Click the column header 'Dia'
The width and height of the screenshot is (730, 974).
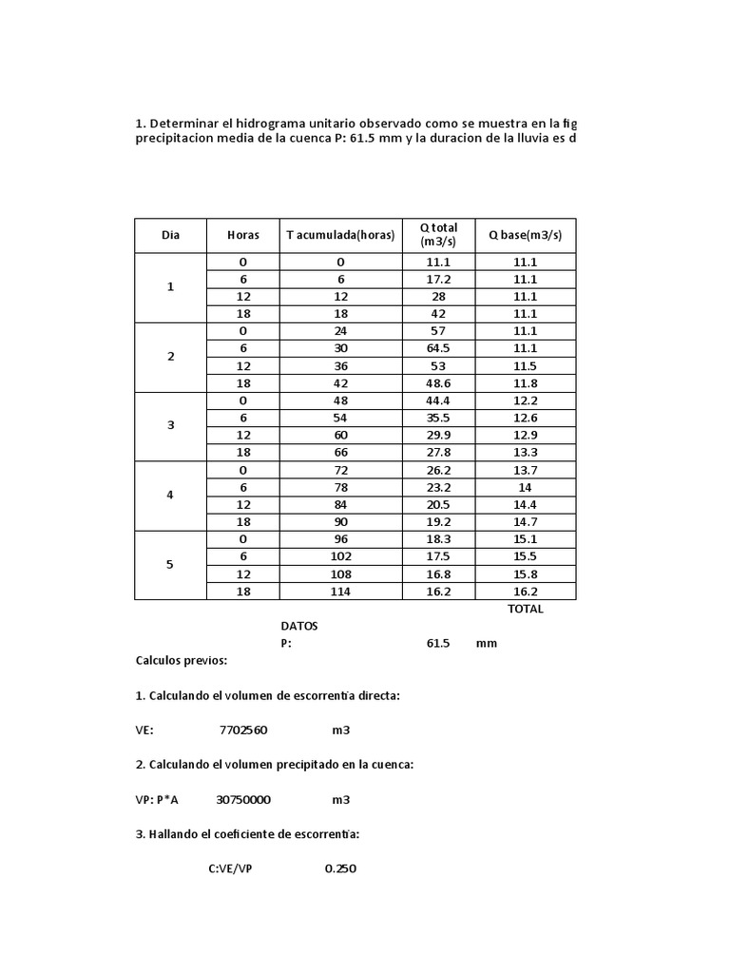tap(171, 235)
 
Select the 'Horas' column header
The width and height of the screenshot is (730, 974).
tap(242, 235)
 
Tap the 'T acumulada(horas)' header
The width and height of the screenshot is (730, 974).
tap(340, 235)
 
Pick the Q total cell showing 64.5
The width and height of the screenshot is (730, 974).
tap(438, 348)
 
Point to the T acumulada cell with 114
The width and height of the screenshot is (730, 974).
tap(340, 592)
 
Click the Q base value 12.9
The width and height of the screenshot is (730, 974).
tap(526, 435)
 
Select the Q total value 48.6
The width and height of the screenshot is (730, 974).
tap(438, 383)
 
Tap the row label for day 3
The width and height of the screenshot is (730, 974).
tap(171, 426)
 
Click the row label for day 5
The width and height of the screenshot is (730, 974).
tap(171, 565)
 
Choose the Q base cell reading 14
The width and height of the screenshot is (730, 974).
tap(526, 487)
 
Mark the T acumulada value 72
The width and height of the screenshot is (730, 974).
tap(340, 470)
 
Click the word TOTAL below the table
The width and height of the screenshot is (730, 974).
tap(526, 609)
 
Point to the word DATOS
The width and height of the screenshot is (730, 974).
tap(299, 626)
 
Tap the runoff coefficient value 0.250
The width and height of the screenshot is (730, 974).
tap(340, 868)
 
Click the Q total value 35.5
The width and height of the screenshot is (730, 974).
tap(438, 418)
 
